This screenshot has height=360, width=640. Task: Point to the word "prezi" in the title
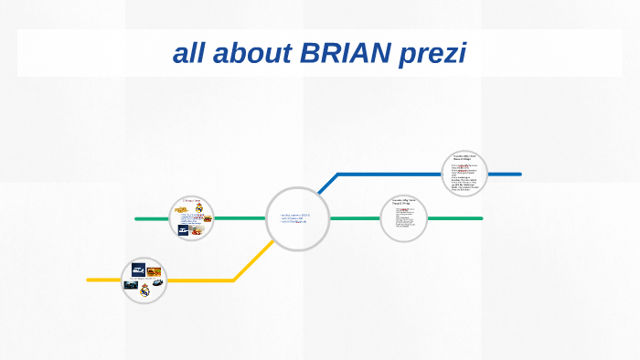coord(432,54)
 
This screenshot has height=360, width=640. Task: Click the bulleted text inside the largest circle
coord(295,219)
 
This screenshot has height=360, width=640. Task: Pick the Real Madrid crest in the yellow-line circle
coord(144,291)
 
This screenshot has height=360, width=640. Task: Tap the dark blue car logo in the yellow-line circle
coord(138,269)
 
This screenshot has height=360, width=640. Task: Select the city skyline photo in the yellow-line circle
coord(131,285)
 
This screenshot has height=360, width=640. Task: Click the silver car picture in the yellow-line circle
coord(157,282)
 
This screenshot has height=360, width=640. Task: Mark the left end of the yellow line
coord(89,280)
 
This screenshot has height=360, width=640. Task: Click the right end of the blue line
coord(519,174)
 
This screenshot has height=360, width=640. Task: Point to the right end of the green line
coord(481,218)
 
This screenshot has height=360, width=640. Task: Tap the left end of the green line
coord(136,218)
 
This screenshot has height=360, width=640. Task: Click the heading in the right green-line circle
coord(403,201)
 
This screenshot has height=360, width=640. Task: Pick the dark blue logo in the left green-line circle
coord(184,230)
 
